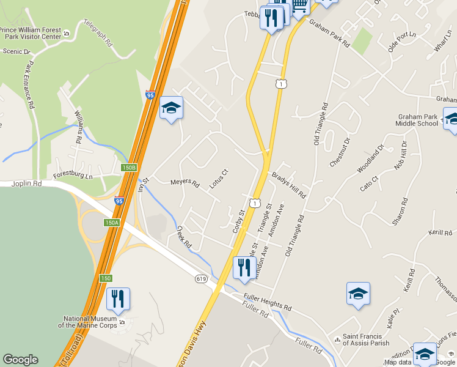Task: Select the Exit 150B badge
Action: click(128, 168)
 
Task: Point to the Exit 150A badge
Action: click(111, 223)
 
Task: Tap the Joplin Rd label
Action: click(29, 183)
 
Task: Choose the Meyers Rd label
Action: click(185, 182)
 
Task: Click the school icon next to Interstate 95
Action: click(172, 108)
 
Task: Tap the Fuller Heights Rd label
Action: click(267, 302)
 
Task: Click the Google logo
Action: click(20, 360)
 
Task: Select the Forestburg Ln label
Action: click(72, 176)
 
